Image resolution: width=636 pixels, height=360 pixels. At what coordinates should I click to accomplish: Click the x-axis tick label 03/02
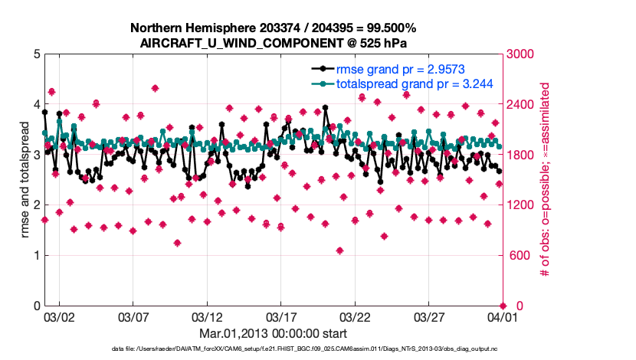59,316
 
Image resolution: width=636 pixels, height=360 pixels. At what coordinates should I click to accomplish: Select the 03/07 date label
133,316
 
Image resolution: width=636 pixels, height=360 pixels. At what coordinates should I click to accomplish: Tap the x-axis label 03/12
206,316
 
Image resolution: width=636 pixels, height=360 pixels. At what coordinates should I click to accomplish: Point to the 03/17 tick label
280,316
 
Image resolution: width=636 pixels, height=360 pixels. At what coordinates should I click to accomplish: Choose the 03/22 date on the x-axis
354,316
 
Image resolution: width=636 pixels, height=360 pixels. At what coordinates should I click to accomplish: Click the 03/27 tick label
428,316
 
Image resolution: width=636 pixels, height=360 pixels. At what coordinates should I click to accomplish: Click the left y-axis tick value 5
36,54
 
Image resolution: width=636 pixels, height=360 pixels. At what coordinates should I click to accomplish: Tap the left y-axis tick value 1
36,256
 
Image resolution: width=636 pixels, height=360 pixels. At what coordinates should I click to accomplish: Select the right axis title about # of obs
546,180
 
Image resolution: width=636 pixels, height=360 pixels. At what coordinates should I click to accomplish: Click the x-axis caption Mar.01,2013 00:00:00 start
273,334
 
